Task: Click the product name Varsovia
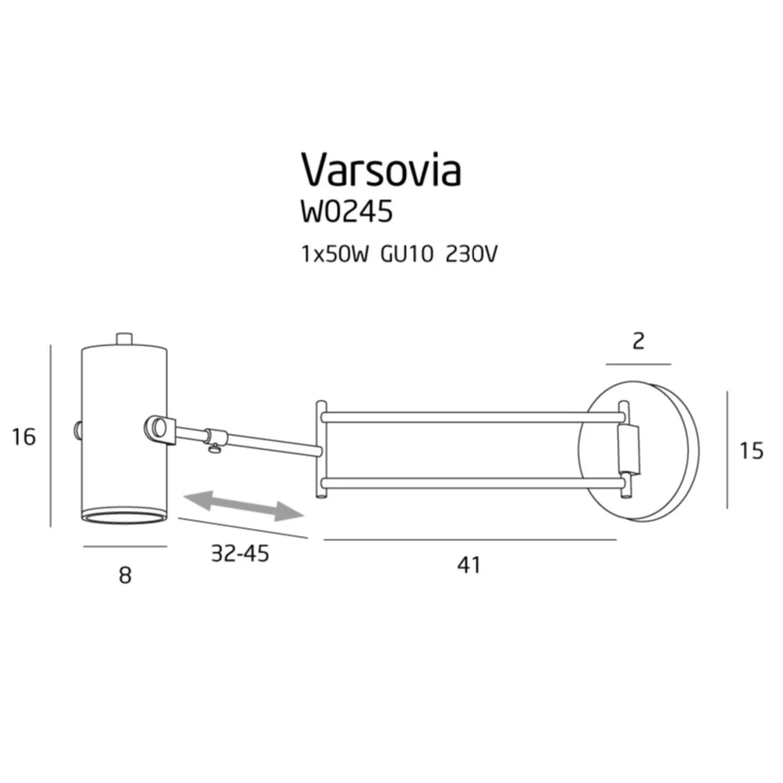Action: pos(380,170)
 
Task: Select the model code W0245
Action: pos(346,211)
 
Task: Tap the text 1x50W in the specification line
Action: pos(335,255)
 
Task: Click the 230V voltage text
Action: pos(471,255)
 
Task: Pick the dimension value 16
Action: pos(24,437)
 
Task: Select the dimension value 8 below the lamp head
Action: pos(125,576)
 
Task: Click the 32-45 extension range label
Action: pos(239,553)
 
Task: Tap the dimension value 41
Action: pos(469,565)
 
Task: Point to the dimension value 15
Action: pos(751,451)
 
